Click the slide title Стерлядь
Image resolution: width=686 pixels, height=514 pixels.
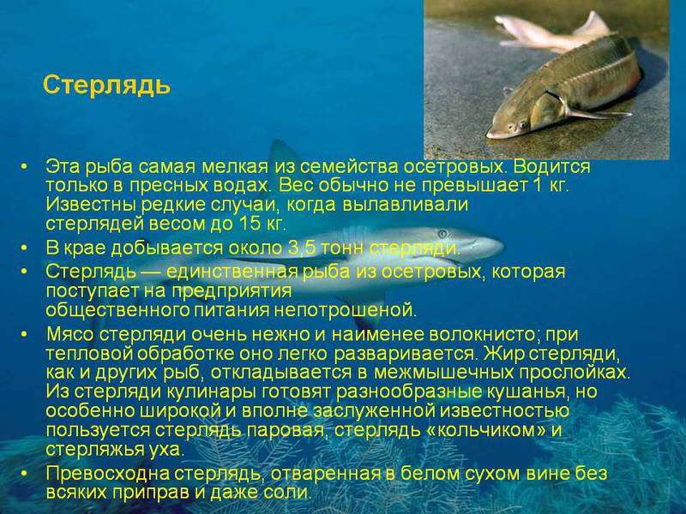coord(106,86)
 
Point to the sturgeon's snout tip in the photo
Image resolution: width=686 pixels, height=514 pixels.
coord(489,133)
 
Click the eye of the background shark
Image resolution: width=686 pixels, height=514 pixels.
coord(442,233)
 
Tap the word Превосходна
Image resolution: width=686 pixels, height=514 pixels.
coord(95,473)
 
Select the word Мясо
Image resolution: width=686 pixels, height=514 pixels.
coord(72,333)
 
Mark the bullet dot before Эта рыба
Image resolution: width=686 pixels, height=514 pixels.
coord(26,166)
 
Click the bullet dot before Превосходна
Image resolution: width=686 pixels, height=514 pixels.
coord(26,474)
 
